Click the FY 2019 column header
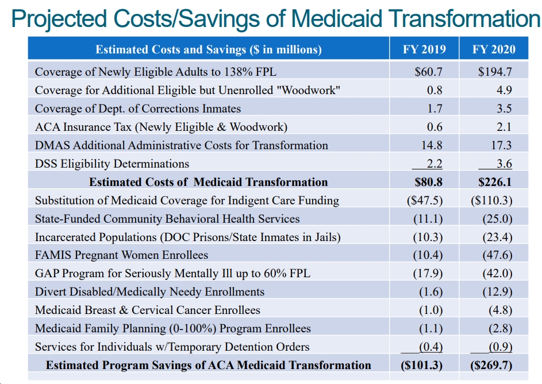pos(424,49)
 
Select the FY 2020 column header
pos(494,49)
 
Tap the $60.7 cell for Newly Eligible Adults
pos(429,72)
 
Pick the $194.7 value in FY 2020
pos(495,72)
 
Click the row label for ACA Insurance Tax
pos(161,127)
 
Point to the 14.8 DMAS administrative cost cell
pos(432,145)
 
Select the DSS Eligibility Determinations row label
pos(112,164)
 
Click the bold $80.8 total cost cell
pos(429,182)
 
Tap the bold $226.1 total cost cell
pos(495,182)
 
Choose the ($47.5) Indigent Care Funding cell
pos(425,201)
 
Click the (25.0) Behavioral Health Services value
pos(497,219)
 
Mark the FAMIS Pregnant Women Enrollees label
pos(121,255)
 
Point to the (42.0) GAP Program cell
pos(497,273)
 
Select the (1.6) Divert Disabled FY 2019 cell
pos(431,292)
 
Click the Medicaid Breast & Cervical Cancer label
pos(148,310)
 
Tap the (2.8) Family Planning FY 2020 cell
pos(501,328)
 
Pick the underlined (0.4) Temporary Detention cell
pos(431,347)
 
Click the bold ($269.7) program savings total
pos(491,366)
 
